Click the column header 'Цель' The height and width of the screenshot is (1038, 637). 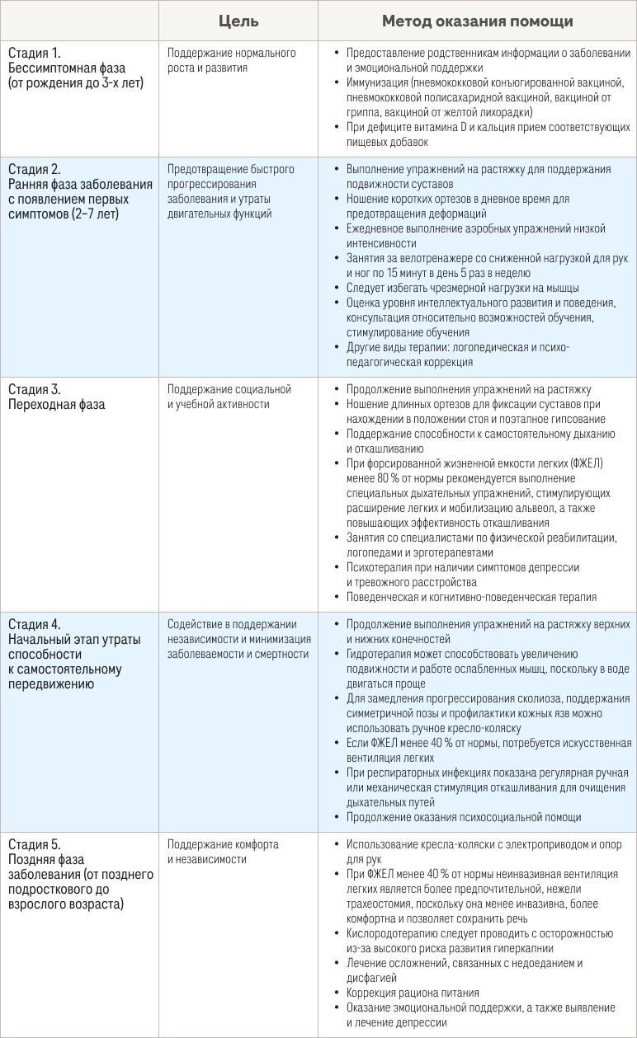(238, 21)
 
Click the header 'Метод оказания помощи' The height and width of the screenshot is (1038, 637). (477, 21)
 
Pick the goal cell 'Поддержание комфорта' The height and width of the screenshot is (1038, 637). (223, 844)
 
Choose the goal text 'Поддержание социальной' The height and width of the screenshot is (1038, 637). (229, 389)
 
